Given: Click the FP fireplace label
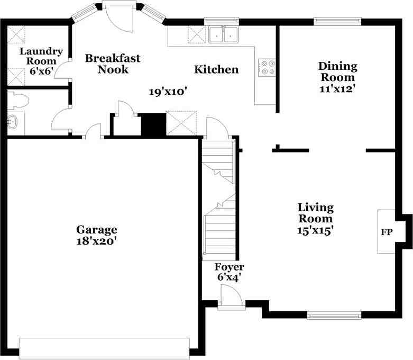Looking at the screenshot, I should click(386, 232).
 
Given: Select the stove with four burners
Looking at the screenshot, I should click(267, 66).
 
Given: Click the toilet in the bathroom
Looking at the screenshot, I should click(20, 99).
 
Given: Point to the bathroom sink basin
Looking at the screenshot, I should click(12, 123).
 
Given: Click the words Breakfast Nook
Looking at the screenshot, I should click(113, 64).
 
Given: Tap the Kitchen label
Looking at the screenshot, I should click(216, 69).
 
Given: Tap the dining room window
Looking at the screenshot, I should click(337, 22).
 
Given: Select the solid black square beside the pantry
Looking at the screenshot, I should click(153, 124).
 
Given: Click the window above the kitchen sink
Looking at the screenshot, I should click(222, 22).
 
